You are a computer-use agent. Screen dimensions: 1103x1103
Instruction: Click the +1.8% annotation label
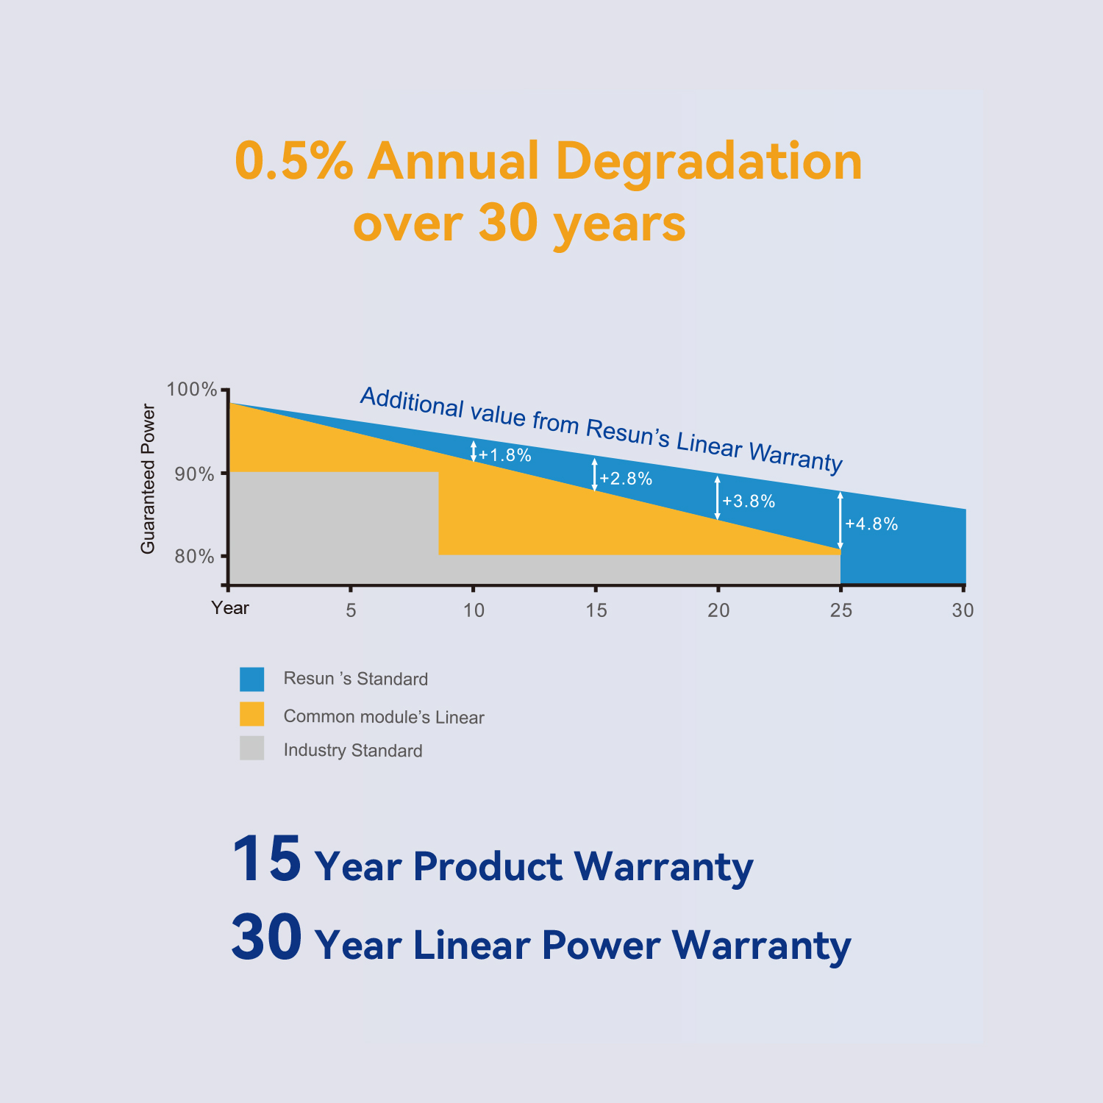click(x=505, y=455)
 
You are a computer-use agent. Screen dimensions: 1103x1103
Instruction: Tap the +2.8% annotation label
click(x=626, y=479)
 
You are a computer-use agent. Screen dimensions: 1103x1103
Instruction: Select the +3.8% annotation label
click(x=749, y=501)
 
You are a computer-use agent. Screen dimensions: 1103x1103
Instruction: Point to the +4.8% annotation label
click(x=871, y=524)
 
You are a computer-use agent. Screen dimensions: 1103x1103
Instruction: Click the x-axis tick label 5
click(x=351, y=610)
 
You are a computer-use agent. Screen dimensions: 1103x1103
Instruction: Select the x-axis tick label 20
click(x=718, y=610)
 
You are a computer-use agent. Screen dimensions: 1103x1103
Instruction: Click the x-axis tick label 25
click(x=841, y=610)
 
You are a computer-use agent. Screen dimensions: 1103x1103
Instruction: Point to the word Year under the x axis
click(x=230, y=608)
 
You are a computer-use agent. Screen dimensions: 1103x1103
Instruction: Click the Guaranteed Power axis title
click(x=149, y=479)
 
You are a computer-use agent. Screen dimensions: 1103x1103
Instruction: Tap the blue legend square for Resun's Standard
click(x=251, y=679)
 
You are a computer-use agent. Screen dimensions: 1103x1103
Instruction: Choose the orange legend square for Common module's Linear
click(x=251, y=714)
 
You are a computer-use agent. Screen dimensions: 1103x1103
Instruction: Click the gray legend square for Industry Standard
click(x=251, y=749)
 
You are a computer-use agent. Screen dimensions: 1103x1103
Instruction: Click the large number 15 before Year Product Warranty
click(x=266, y=859)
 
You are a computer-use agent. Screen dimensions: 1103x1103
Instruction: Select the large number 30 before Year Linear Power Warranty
click(x=266, y=937)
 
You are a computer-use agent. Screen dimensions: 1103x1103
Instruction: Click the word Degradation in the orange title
click(x=708, y=161)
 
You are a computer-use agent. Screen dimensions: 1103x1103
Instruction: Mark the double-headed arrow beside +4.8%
click(x=840, y=521)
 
